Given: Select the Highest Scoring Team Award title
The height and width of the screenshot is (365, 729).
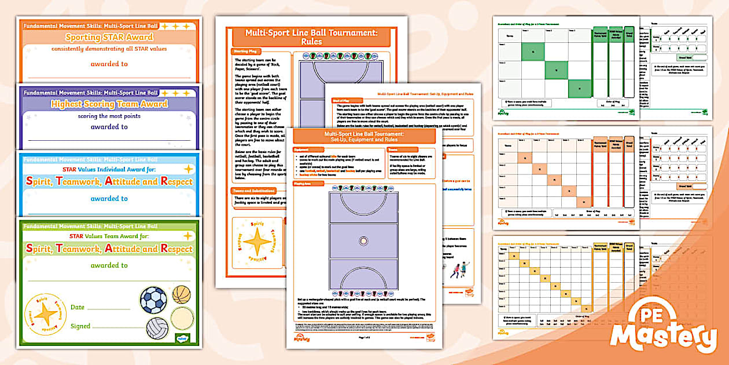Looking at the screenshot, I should (109, 104).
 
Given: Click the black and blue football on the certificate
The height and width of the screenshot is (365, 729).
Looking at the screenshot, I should (154, 300).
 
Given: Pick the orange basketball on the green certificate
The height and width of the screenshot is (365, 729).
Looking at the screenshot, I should (181, 294).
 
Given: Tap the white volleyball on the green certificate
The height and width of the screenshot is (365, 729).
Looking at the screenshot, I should (157, 329).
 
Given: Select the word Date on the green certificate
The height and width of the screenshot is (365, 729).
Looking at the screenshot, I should (78, 306).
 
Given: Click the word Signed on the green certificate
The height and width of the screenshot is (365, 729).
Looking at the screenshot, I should (80, 326).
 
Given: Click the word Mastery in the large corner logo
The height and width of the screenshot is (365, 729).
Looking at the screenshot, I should (662, 336).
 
